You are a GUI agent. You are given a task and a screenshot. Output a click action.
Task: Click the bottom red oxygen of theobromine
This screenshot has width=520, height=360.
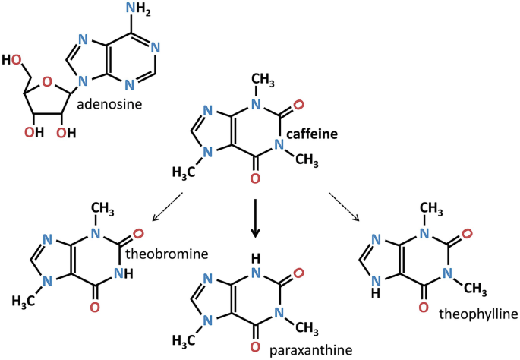click(x=94, y=308)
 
